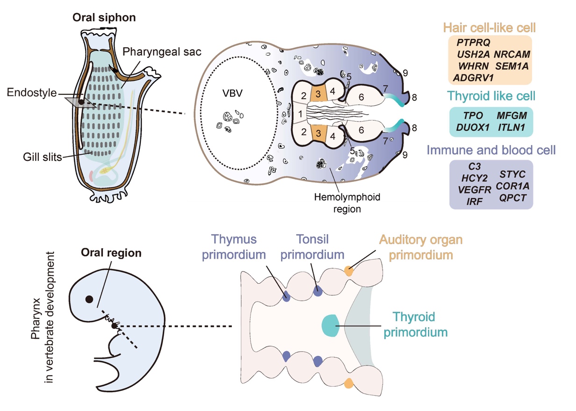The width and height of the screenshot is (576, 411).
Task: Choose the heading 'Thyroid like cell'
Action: [x=491, y=97]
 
